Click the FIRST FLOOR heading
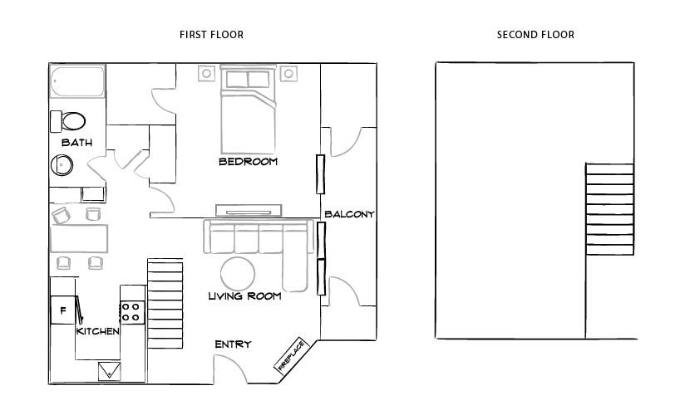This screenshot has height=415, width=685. point(211,35)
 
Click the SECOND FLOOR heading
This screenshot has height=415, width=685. point(535,35)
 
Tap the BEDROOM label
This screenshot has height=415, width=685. point(248,161)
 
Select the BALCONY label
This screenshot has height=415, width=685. point(349,214)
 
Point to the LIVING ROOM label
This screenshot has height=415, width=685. point(244,295)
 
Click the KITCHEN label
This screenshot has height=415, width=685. point(98,331)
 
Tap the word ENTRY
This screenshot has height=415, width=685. point(233,344)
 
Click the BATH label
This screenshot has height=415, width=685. point(76,143)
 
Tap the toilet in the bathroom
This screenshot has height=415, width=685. point(69,120)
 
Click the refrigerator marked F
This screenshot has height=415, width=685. point(62,311)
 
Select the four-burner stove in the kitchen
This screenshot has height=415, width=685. point(131,311)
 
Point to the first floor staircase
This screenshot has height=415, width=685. point(165,303)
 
